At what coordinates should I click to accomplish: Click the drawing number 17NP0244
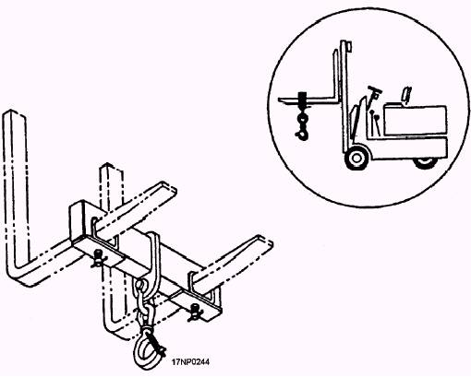click(190, 362)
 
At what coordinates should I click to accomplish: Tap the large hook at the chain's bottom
click(145, 350)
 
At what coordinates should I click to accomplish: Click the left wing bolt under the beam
click(98, 257)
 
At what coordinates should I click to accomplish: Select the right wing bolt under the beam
click(194, 312)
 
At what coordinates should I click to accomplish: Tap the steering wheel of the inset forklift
click(374, 89)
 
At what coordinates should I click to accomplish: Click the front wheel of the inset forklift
click(356, 158)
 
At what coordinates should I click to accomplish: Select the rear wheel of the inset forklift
click(426, 163)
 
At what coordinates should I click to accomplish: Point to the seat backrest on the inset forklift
click(406, 96)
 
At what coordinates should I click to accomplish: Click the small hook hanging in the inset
click(302, 125)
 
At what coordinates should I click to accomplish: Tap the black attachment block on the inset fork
click(302, 100)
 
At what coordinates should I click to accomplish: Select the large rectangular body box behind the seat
click(415, 120)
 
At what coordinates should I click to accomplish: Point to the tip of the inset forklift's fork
click(279, 100)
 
